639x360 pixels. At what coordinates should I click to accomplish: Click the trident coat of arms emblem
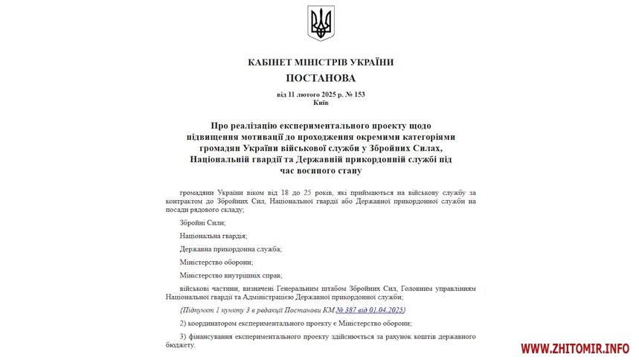tap(321, 23)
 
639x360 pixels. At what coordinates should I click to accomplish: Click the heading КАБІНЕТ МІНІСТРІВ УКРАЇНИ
tap(321, 62)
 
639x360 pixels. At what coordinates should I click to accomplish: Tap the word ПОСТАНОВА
tap(321, 78)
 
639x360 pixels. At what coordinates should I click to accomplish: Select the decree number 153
tap(359, 94)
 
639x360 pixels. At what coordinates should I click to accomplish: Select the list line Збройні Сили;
tap(202, 222)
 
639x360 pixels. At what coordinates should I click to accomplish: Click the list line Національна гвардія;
tap(213, 235)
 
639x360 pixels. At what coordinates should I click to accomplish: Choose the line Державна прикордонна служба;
tap(230, 248)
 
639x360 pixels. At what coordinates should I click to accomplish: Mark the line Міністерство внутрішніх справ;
tap(231, 274)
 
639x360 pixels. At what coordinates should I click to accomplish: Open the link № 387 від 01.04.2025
tap(370, 309)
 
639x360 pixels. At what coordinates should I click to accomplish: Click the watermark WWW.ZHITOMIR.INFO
tap(574, 347)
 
